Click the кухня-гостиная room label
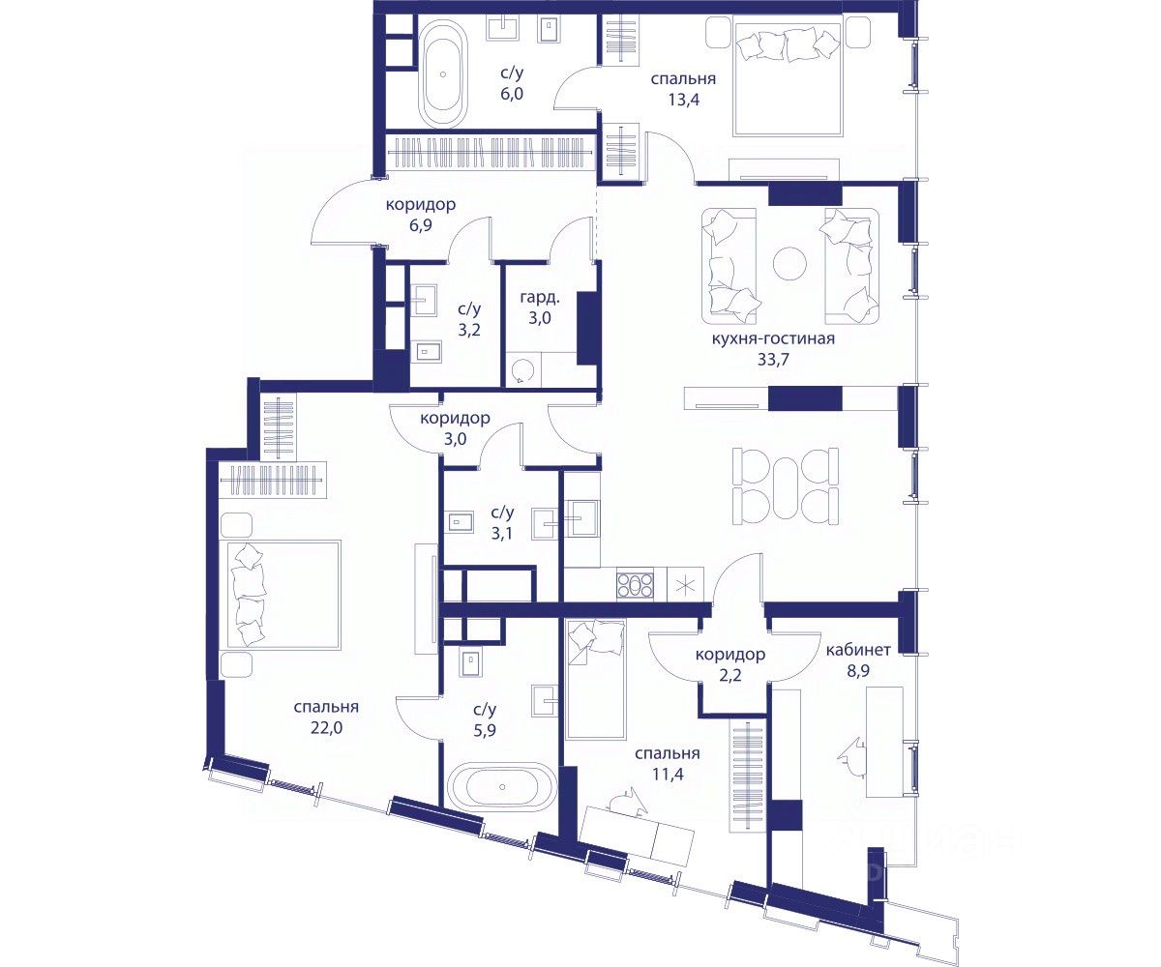click(773, 338)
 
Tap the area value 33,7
click(773, 360)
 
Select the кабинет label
click(858, 650)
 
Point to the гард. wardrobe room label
click(540, 298)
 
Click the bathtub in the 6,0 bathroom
click(443, 73)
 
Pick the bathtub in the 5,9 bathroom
click(503, 787)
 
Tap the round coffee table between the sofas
click(789, 264)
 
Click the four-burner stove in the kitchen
click(636, 585)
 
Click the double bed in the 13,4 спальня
click(788, 75)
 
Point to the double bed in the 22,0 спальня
click(283, 595)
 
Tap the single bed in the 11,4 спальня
click(596, 680)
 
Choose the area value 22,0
click(327, 727)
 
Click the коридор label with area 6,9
click(421, 204)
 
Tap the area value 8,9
click(858, 671)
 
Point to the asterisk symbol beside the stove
click(685, 585)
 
